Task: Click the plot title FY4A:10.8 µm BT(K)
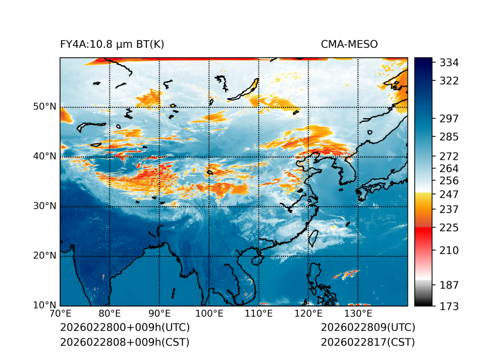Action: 112,44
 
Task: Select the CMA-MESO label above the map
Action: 349,44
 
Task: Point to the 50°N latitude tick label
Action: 43,107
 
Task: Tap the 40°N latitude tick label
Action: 43,156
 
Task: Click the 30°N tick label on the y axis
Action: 43,206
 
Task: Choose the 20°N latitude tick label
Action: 43,256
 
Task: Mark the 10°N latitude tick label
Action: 43,305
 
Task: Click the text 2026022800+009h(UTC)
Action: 124,328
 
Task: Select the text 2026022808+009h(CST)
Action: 124,342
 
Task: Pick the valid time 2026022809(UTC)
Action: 368,328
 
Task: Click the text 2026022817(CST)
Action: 368,342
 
